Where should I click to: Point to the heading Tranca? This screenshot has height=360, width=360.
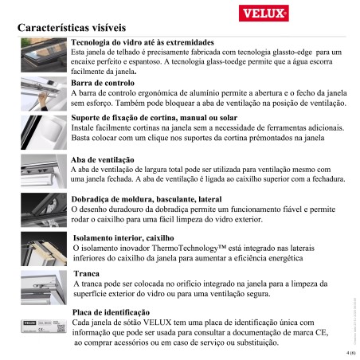(x=86, y=273)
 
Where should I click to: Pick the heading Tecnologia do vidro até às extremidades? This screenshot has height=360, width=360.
(x=142, y=41)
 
